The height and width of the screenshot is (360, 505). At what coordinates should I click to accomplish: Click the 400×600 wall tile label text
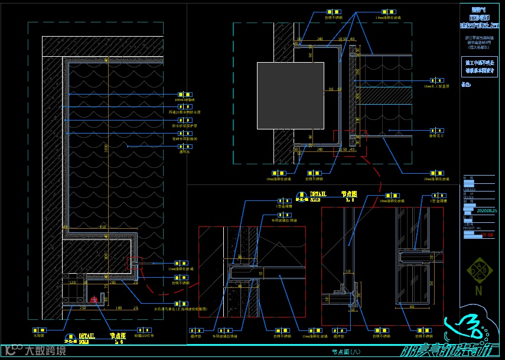[185, 101]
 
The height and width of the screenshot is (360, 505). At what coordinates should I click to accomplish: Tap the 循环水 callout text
[185, 151]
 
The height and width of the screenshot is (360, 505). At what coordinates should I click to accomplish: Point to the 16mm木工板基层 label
[436, 86]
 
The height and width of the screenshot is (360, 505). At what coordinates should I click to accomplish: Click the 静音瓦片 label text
[437, 135]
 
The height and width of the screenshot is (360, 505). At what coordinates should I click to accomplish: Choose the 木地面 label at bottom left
[39, 335]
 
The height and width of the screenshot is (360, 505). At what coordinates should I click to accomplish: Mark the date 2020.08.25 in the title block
[487, 210]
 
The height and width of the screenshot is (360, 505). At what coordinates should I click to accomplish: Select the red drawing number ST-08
[487, 235]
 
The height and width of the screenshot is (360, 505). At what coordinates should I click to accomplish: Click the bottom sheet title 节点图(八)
[346, 352]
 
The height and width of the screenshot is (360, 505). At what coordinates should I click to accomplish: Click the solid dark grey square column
[290, 95]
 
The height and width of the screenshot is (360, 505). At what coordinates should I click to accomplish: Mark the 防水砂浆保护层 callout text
[185, 126]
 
